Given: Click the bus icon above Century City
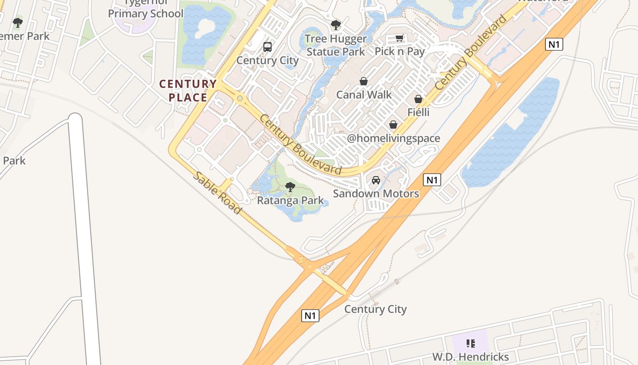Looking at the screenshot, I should point(268,47).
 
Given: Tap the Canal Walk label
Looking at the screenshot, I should point(364,94).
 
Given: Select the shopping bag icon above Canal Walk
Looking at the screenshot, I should point(364,82).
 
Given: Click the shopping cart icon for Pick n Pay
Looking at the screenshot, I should point(400,38).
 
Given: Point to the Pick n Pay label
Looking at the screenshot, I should point(400,52).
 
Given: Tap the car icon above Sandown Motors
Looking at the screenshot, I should point(376,180).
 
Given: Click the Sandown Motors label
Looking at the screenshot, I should point(376,193).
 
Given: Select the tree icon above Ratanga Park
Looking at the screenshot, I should point(290,187).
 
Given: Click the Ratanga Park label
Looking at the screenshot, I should point(290,200).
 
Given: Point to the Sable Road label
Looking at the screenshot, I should point(217,193).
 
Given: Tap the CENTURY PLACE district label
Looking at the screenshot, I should point(188,90).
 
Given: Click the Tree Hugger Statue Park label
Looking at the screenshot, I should point(336,45).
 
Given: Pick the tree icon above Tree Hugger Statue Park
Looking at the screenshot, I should point(336,25).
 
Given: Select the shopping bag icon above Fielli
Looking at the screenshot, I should point(418,99).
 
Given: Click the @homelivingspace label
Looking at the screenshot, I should point(394,138).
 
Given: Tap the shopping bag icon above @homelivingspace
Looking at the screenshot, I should point(393,125).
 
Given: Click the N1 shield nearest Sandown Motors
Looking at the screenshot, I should point(432,180).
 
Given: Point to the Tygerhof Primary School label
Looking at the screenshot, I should point(145,9).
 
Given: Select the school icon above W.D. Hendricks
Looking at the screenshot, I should point(471,343).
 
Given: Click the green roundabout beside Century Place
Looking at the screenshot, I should point(240,98).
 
